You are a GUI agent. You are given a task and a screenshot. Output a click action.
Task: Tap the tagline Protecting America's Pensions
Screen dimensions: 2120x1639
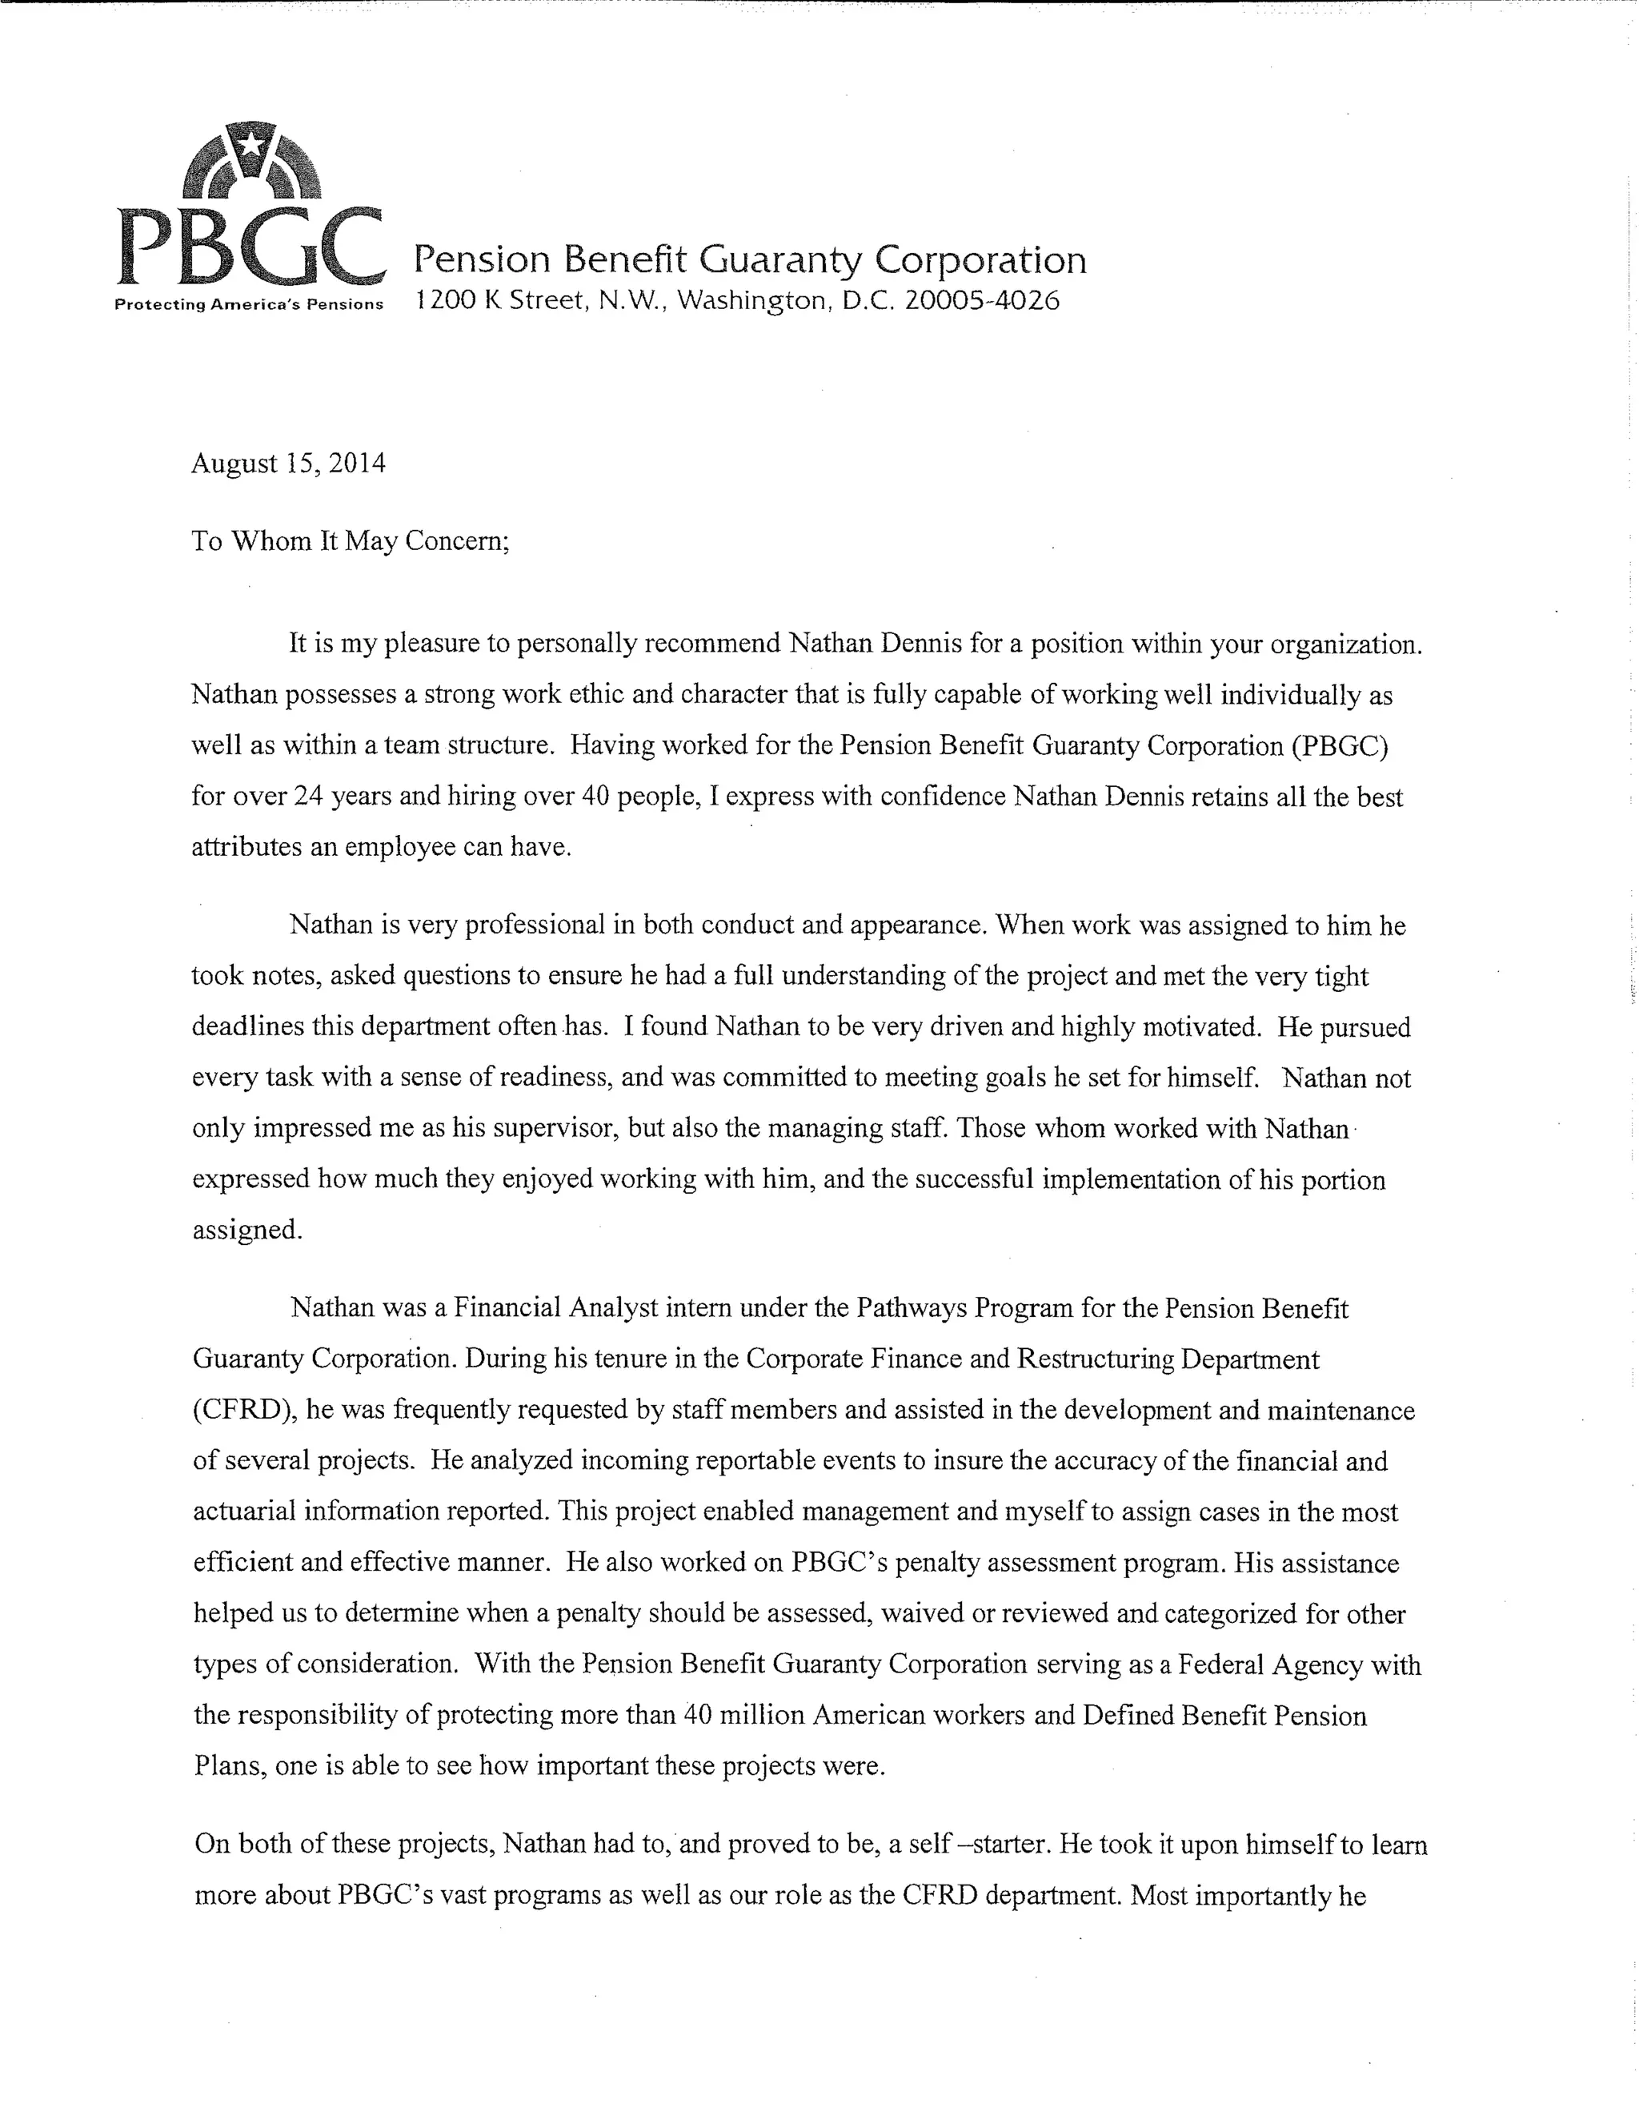point(248,305)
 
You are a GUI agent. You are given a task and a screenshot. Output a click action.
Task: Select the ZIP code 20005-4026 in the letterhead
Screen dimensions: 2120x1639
point(981,301)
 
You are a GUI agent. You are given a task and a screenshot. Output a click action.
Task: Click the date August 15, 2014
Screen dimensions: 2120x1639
point(288,464)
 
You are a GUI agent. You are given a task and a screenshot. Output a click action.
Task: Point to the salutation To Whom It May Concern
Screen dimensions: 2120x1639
point(351,542)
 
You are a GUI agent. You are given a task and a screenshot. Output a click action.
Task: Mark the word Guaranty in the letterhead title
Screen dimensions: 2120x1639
point(779,260)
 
